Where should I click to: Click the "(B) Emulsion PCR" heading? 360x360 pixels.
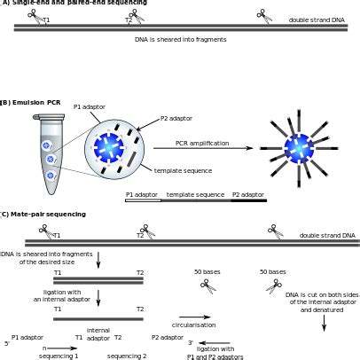30,103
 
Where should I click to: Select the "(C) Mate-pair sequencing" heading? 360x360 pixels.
44,214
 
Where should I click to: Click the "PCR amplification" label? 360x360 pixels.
202,143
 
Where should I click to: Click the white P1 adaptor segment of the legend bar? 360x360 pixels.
143,201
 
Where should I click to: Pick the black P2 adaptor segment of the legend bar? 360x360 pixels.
248,201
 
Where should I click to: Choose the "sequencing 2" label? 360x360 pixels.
127,356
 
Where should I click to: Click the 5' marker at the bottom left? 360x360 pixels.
7,343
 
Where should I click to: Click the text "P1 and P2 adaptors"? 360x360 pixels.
215,356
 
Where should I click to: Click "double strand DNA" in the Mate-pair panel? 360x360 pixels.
327,236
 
